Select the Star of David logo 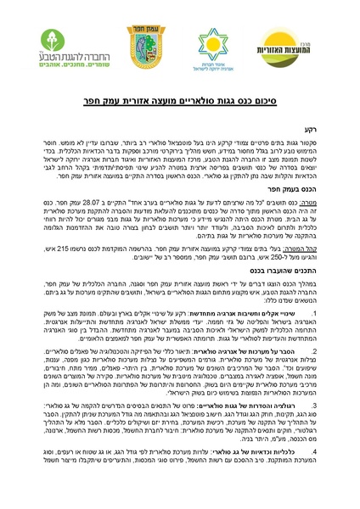pos(213,42)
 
